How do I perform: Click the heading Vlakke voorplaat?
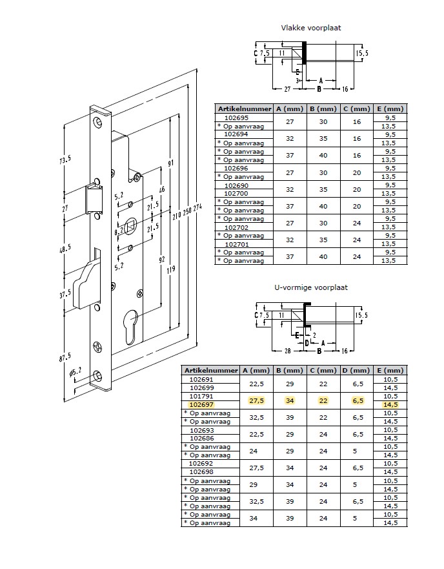(x=311, y=28)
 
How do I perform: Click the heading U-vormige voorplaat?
(x=311, y=288)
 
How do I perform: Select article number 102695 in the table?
(x=236, y=118)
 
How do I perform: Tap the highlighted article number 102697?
(x=202, y=405)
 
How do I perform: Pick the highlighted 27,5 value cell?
(x=256, y=400)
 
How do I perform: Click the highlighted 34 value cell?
(x=290, y=400)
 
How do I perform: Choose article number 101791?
(x=202, y=397)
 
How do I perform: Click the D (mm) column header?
(x=357, y=371)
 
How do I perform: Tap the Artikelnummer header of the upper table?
(x=245, y=109)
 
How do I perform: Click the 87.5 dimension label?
(x=65, y=357)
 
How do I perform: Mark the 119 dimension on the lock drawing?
(x=171, y=269)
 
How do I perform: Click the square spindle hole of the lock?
(x=130, y=227)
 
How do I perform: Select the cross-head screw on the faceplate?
(x=98, y=347)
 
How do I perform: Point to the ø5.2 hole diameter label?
(x=76, y=372)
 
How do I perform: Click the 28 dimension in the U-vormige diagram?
(x=287, y=351)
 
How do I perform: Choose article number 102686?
(x=202, y=439)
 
